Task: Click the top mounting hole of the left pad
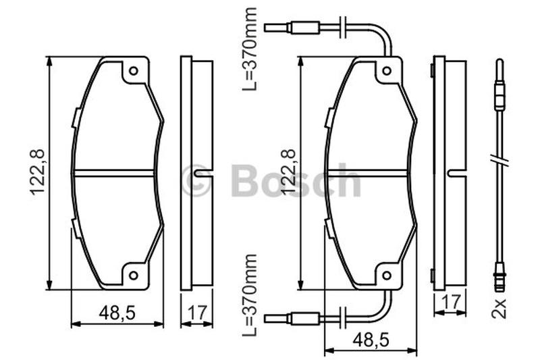133,71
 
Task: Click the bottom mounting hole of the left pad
133,276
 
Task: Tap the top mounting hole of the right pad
387,71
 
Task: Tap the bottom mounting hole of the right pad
387,276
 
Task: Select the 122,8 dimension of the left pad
38,172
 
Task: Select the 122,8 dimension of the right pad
289,172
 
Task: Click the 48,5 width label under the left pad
117,313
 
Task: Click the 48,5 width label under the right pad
371,343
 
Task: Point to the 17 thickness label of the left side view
196,313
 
